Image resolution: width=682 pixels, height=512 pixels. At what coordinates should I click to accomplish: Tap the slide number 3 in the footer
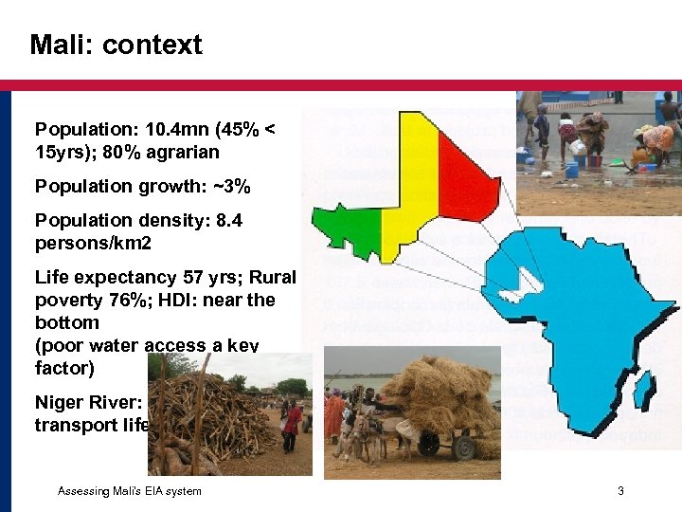[620, 490]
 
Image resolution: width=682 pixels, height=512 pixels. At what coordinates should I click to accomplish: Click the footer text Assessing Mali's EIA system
[129, 490]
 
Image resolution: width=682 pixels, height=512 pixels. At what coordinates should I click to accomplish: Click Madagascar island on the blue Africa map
[643, 389]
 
